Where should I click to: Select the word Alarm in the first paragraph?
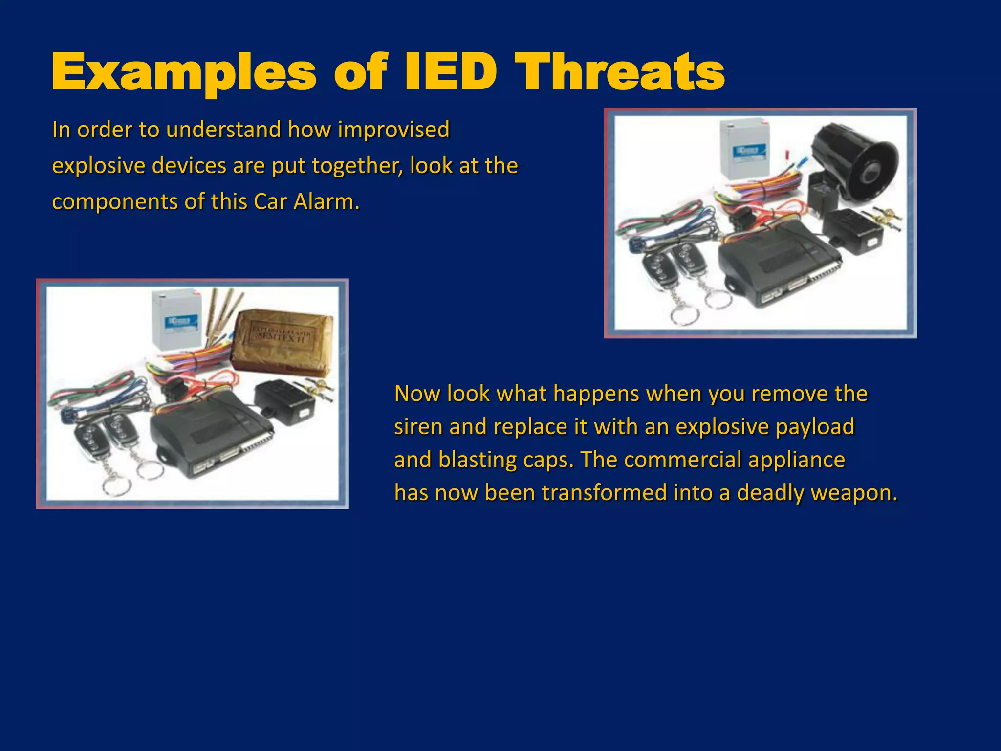click(x=326, y=202)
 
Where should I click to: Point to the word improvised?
click(x=393, y=130)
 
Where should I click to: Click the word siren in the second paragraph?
click(x=418, y=426)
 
